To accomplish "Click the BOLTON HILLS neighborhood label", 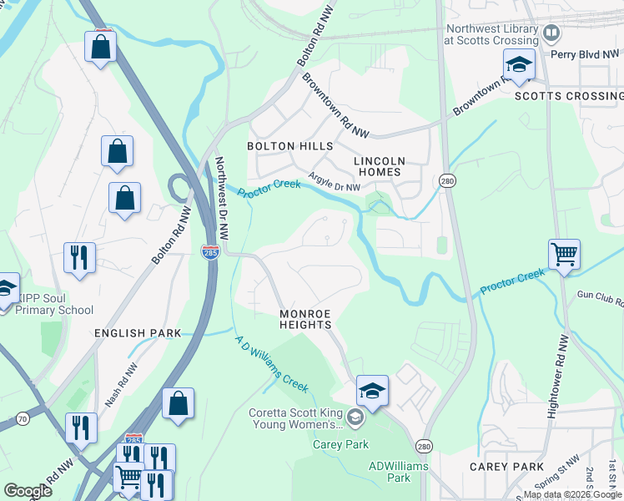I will pyautogui.click(x=289, y=146).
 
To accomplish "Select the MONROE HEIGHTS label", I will pyautogui.click(x=305, y=319).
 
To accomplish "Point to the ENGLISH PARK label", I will pyautogui.click(x=138, y=333).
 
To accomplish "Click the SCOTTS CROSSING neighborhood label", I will pyautogui.click(x=568, y=96).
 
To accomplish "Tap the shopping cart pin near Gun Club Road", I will pyautogui.click(x=564, y=254).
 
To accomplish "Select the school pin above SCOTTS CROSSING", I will pyautogui.click(x=518, y=64).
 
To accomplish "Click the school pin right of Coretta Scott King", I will pyautogui.click(x=372, y=391).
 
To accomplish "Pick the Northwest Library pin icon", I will pyautogui.click(x=551, y=33).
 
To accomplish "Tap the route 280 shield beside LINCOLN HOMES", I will pyautogui.click(x=446, y=181).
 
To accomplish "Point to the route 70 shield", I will pyautogui.click(x=23, y=417).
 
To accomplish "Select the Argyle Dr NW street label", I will pyautogui.click(x=334, y=181).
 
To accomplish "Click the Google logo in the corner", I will pyautogui.click(x=27, y=491).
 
